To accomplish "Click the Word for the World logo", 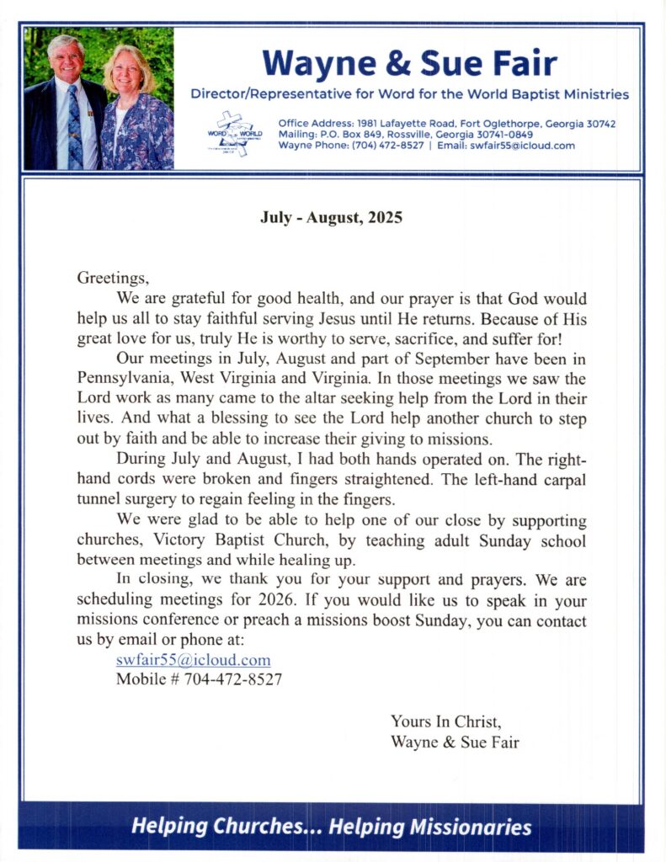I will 235,133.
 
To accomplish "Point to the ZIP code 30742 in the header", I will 597,124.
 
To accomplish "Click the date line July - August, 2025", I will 332,218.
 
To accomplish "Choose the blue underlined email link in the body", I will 193,660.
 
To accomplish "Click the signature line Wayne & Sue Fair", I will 455,742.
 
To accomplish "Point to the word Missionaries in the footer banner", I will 471,827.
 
